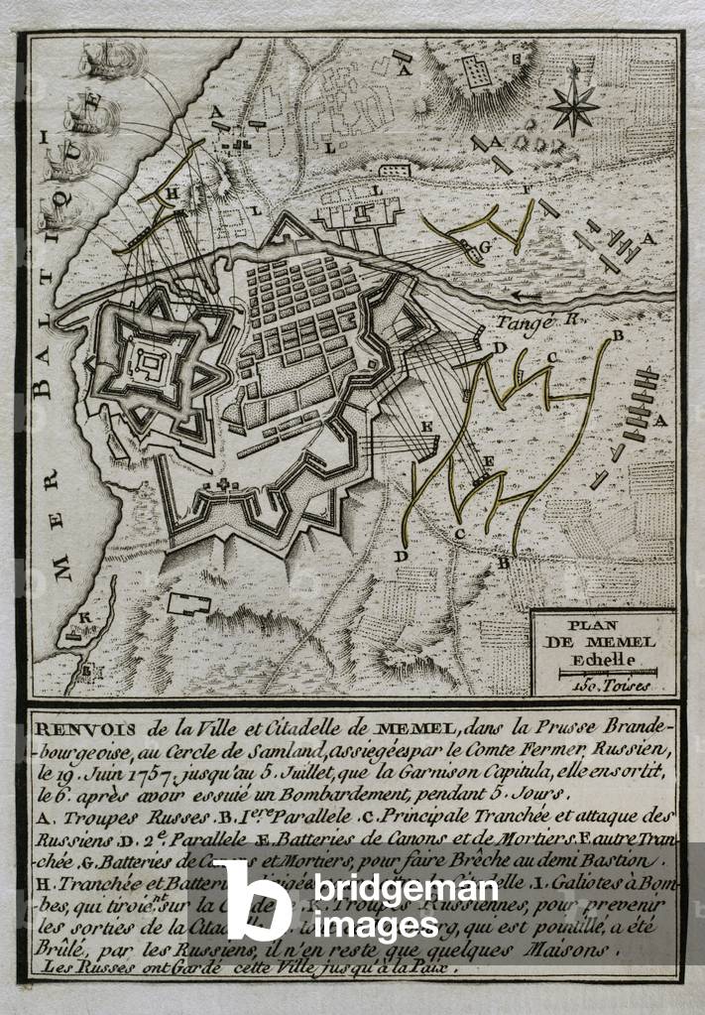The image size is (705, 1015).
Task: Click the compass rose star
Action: click(574, 102)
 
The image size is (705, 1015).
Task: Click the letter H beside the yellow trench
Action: click(171, 196)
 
